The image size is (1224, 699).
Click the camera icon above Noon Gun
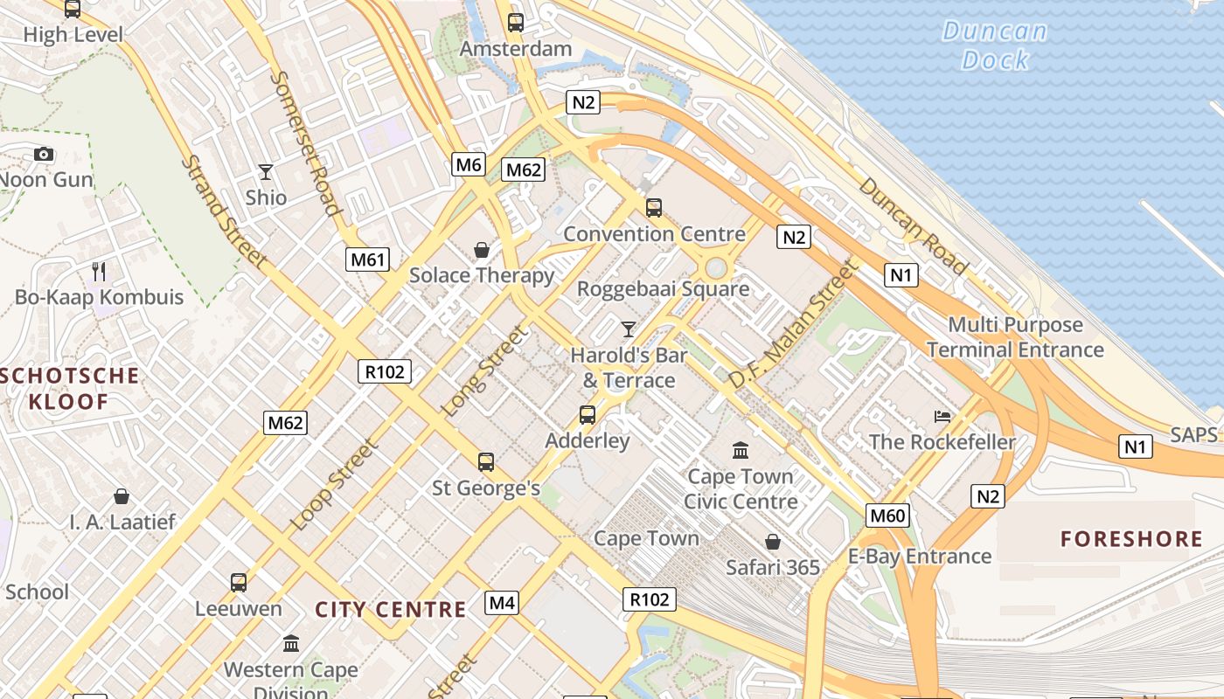(x=43, y=155)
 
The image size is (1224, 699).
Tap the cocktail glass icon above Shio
(x=266, y=172)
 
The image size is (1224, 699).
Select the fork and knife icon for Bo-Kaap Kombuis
(x=99, y=272)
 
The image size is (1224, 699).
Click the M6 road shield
(x=469, y=164)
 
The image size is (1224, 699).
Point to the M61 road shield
(x=367, y=259)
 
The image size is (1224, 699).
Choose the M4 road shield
(x=502, y=602)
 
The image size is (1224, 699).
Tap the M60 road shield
(x=887, y=516)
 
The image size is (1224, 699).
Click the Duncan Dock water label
(x=995, y=45)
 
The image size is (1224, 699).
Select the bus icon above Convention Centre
(x=653, y=208)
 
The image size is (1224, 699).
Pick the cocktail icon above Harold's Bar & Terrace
(x=628, y=329)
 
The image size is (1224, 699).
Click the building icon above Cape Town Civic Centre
(x=741, y=451)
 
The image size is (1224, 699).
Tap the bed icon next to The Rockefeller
(x=942, y=416)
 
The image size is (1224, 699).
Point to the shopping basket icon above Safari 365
(x=773, y=542)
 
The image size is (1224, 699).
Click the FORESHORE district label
(x=1131, y=538)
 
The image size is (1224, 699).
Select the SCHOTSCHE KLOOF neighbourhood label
(x=70, y=389)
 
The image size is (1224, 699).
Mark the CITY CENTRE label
(x=391, y=610)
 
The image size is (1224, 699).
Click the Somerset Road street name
(x=304, y=142)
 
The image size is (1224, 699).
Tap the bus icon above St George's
(x=486, y=462)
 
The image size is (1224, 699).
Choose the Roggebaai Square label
(x=663, y=289)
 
